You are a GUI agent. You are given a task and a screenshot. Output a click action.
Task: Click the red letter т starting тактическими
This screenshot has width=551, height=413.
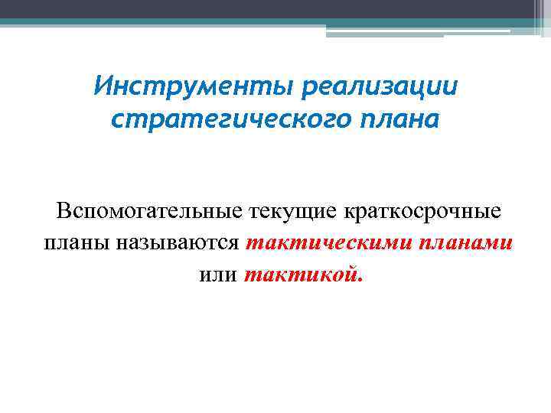point(253,244)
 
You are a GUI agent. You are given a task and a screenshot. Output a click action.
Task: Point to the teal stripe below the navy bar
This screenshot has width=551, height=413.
point(230,23)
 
